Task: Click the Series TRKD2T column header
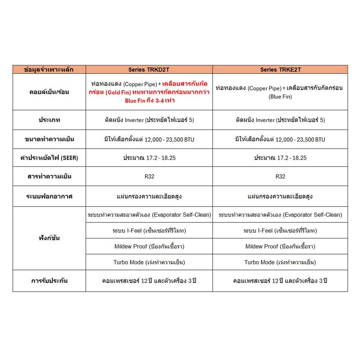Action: pos(149,69)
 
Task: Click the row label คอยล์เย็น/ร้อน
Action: pos(50,92)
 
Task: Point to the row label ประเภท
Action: pos(50,120)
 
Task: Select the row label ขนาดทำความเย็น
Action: pos(50,139)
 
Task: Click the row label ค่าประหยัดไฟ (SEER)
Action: pos(50,158)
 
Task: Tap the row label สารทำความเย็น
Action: pos(50,177)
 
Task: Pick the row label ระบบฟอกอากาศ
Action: pos(50,197)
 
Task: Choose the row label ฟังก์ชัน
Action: pos(50,238)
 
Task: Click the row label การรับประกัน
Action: pos(50,281)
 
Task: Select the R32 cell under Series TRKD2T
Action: pos(149,177)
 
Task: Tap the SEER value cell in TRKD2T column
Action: pos(149,158)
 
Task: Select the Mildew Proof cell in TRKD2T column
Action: pos(149,247)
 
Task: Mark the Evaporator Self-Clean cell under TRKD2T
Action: pos(149,215)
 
